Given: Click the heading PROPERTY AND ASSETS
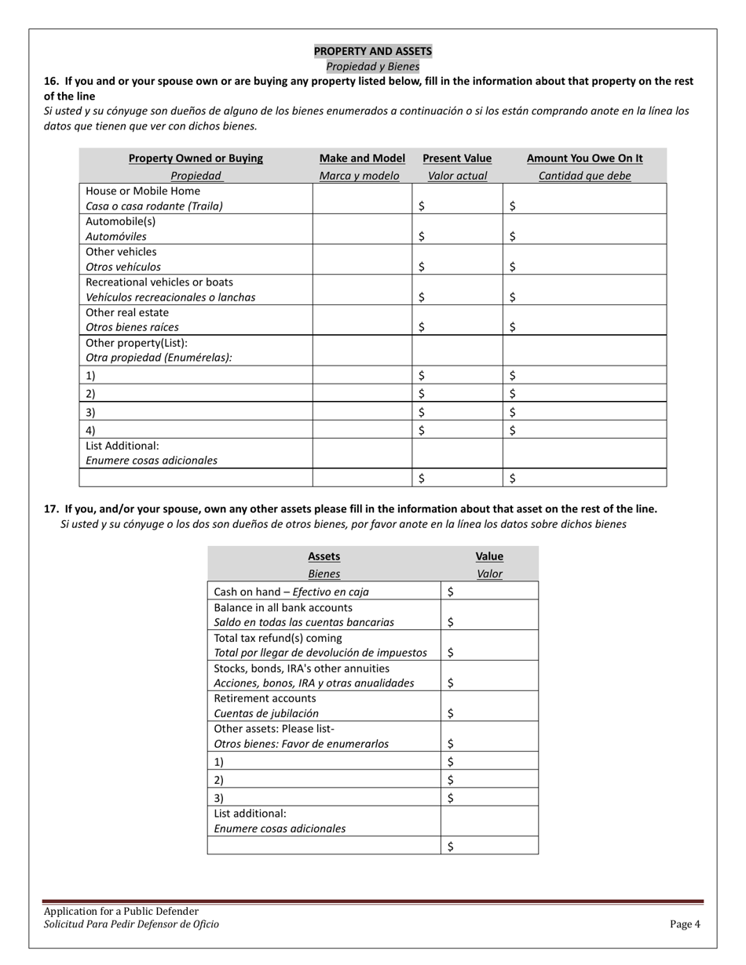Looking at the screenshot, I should (372, 51).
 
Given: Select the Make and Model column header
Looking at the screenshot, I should (362, 158).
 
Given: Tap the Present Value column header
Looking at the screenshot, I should (457, 158).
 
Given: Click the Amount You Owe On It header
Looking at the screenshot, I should (584, 158).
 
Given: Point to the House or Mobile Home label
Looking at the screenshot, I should (143, 191).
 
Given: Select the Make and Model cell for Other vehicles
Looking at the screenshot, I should (362, 259).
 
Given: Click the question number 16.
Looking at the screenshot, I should (51, 81).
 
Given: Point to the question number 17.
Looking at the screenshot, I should (51, 509).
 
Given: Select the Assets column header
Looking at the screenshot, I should (324, 556).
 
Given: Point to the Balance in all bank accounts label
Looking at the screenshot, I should (283, 607).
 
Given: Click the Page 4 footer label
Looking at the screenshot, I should (685, 924).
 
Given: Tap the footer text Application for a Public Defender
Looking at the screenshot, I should (121, 911).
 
